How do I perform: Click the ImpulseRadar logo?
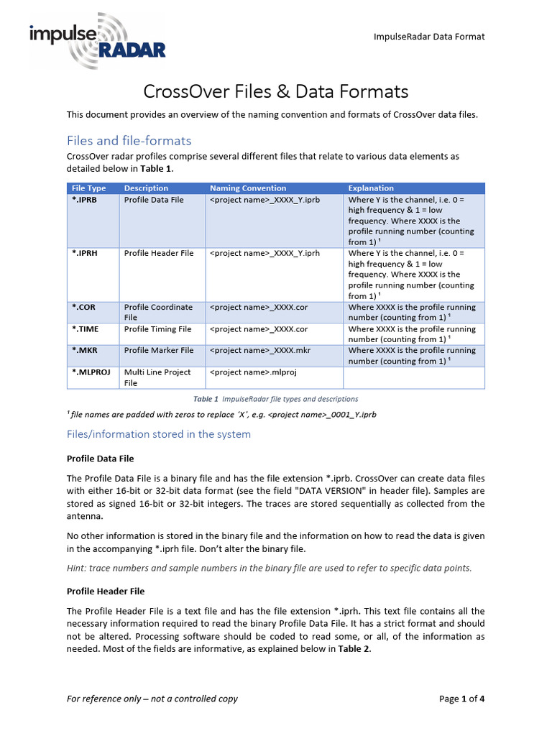pos(97,41)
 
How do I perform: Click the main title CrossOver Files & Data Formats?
pos(276,91)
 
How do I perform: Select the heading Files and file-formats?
pos(129,140)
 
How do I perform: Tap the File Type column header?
pos(89,188)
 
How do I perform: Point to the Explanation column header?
pos(371,188)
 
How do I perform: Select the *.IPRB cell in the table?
pos(86,200)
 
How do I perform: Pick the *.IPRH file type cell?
pos(86,253)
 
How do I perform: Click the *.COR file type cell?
pos(83,307)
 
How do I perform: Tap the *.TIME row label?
pos(86,328)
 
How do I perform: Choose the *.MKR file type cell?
pos(85,350)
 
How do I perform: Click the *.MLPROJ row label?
pos(91,372)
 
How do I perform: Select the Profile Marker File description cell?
pos(159,350)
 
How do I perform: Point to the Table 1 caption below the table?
pos(276,399)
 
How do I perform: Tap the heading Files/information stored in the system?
pos(159,434)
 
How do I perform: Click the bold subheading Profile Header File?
pos(106,591)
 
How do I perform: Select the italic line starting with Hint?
pos(270,568)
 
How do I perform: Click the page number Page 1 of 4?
pos(461,699)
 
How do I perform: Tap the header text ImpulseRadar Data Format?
pos(430,37)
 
